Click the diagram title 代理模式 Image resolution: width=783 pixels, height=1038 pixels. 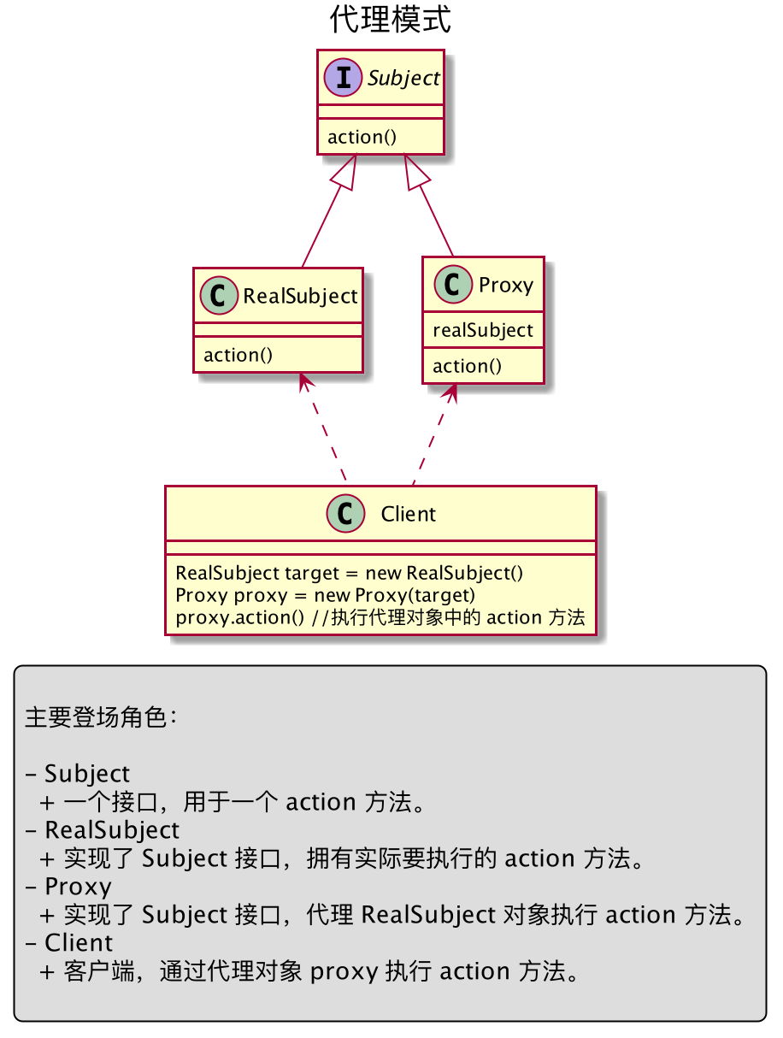(390, 20)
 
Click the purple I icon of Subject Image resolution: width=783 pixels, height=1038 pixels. (343, 77)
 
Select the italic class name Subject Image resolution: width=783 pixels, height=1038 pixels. (403, 79)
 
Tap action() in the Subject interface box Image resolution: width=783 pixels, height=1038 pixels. (362, 137)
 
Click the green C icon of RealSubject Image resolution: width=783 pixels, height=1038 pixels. (219, 296)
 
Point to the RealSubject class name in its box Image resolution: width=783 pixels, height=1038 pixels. (300, 297)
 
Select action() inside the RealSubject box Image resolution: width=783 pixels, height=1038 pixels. (238, 355)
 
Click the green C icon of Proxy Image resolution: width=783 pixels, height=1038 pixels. (453, 284)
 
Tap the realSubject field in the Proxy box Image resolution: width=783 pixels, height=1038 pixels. (482, 331)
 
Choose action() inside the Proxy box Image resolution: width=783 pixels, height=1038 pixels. (467, 367)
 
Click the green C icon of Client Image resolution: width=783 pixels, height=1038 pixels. (345, 514)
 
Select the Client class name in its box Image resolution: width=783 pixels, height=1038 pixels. (408, 514)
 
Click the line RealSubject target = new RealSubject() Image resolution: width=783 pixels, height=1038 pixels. (350, 573)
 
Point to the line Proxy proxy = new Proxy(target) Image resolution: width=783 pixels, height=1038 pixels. (325, 595)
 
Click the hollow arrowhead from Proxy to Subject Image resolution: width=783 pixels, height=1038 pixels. (415, 173)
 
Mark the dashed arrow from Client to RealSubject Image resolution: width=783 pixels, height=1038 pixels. (323, 428)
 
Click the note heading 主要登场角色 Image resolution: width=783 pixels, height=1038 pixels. (101, 717)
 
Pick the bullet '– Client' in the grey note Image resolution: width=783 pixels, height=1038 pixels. (69, 943)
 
